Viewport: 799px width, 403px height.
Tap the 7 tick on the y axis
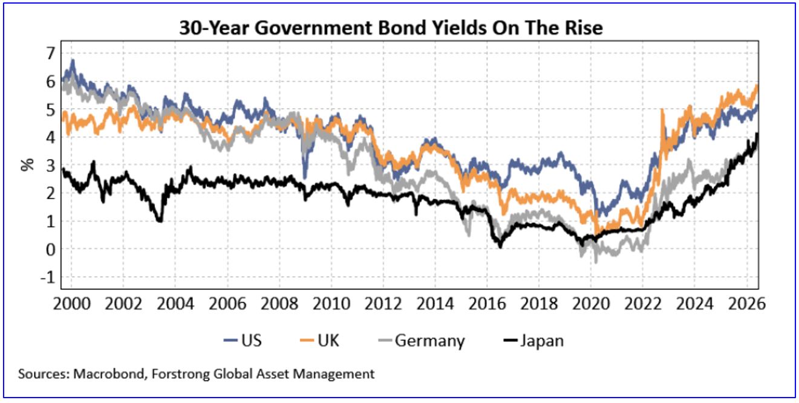[51, 53]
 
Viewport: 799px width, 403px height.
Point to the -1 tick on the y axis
[48, 277]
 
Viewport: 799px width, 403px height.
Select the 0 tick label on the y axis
[51, 250]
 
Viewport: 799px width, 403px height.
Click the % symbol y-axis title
[27, 164]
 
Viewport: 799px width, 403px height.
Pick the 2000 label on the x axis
[71, 304]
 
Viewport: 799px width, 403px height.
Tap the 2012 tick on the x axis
[383, 304]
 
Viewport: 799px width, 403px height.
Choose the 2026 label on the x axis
[746, 304]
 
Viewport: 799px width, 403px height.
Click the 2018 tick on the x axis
[539, 304]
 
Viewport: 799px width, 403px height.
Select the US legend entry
[243, 340]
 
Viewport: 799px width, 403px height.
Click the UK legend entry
[319, 340]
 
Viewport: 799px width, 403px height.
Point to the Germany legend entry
[422, 341]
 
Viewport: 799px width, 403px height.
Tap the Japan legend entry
[533, 341]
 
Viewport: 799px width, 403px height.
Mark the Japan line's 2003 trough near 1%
[160, 221]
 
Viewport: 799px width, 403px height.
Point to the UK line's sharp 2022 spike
[662, 110]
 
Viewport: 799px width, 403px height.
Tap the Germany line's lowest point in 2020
[596, 262]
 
